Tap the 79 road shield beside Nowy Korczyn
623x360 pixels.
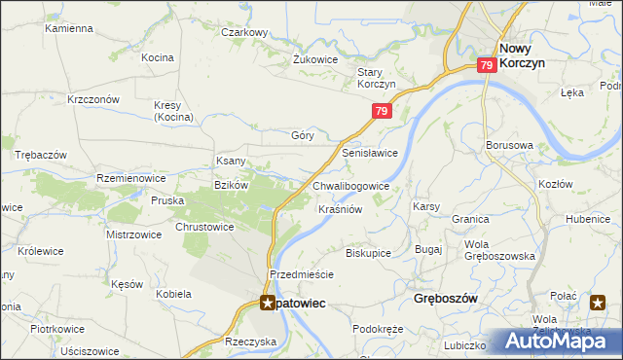coord(488,64)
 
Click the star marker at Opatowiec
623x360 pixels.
coord(266,303)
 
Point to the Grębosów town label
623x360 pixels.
coord(446,299)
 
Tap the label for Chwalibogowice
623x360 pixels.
coord(351,186)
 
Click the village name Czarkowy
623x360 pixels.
coord(243,32)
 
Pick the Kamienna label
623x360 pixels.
coord(67,28)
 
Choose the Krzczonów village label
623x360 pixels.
coord(92,99)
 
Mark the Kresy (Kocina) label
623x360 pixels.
coord(174,111)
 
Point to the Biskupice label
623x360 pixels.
coord(368,252)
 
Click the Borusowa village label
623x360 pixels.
coord(509,145)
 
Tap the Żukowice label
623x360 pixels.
coord(315,59)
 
